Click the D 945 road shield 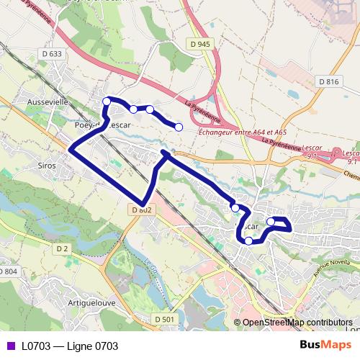pyautogui.click(x=202, y=45)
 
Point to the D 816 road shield pyautogui.click(x=328, y=81)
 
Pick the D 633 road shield pyautogui.click(x=52, y=53)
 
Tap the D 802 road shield pyautogui.click(x=142, y=210)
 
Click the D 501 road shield pyautogui.click(x=164, y=319)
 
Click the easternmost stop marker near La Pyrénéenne pyautogui.click(x=179, y=127)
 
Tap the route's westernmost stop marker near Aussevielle pyautogui.click(x=107, y=101)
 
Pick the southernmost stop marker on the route pyautogui.click(x=248, y=240)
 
